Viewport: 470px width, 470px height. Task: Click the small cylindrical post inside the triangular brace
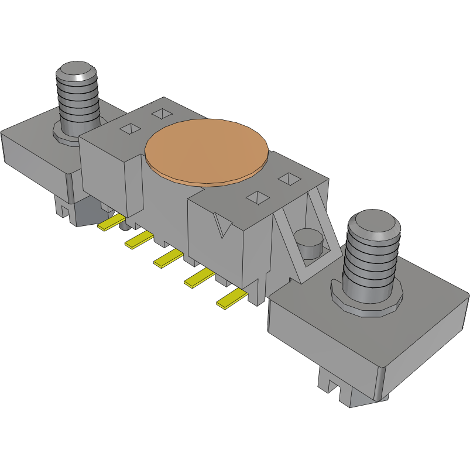(308, 243)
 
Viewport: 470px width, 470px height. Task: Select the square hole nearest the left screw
(131, 129)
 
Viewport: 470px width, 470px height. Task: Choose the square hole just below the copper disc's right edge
(256, 198)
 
